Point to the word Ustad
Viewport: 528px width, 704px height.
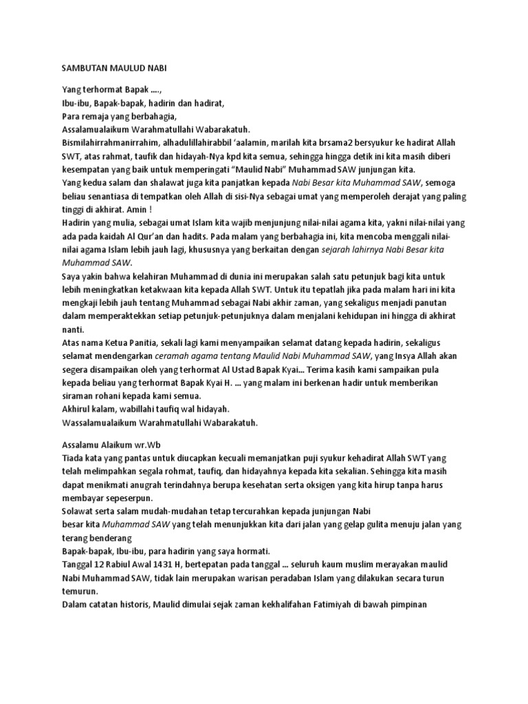click(272, 369)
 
